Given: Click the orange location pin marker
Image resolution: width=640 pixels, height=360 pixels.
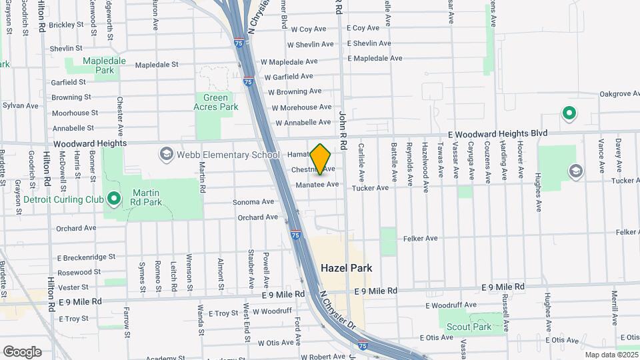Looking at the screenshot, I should (321, 159).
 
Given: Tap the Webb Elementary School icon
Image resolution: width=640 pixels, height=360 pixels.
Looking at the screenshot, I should (165, 155).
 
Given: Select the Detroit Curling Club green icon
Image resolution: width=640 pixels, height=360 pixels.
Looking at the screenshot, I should (113, 199).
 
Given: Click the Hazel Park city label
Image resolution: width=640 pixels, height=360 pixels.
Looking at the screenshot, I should (346, 267).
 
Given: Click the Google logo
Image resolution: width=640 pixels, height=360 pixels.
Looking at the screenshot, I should (21, 351).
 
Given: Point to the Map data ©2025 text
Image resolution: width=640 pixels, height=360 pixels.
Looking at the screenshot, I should (610, 355).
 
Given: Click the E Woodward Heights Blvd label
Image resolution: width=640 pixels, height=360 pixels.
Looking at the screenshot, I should (493, 134).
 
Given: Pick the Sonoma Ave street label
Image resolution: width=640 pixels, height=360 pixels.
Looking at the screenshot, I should (253, 202).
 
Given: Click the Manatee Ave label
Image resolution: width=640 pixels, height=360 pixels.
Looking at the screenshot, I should (317, 184).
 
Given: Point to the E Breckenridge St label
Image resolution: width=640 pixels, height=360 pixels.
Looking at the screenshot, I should (86, 257).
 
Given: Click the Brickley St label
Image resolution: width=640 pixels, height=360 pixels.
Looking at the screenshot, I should (66, 25).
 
